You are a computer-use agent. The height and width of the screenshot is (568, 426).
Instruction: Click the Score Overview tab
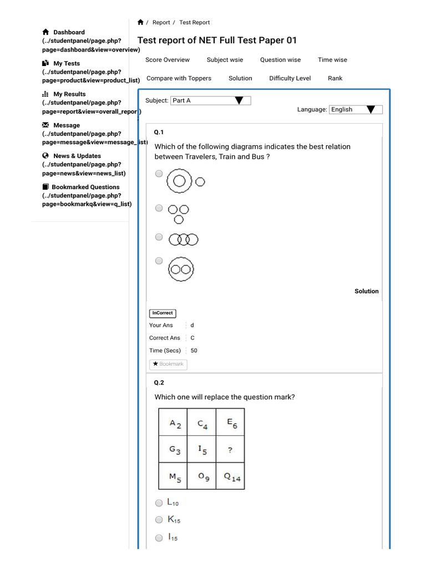point(167,60)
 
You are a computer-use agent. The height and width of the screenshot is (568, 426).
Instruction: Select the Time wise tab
point(332,60)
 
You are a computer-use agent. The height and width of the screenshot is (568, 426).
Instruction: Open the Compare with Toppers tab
point(179,78)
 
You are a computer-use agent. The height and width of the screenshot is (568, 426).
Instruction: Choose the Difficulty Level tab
point(290,78)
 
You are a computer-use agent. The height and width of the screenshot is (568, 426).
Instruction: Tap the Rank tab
point(335,78)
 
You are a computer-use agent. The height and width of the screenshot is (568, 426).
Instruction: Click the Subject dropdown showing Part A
point(210,100)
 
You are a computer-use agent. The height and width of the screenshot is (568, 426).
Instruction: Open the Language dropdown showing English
point(355,109)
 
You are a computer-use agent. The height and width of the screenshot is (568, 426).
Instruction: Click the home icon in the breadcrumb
point(140,22)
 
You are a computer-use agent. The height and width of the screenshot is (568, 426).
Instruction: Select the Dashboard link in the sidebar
point(69,32)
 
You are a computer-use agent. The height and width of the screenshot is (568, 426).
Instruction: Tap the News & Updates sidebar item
point(77,156)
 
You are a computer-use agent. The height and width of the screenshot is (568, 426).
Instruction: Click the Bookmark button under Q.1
point(168,364)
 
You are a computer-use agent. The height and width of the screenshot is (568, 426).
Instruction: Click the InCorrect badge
point(162,313)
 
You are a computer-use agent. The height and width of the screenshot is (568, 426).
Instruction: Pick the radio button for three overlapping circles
point(159,237)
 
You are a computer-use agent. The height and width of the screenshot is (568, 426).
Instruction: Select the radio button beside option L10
point(159,503)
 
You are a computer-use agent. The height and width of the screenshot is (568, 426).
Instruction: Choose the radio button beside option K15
point(159,520)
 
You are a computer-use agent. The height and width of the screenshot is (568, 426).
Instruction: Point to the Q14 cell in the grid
point(230,476)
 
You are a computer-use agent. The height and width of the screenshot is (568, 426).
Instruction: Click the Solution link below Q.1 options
point(367,291)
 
